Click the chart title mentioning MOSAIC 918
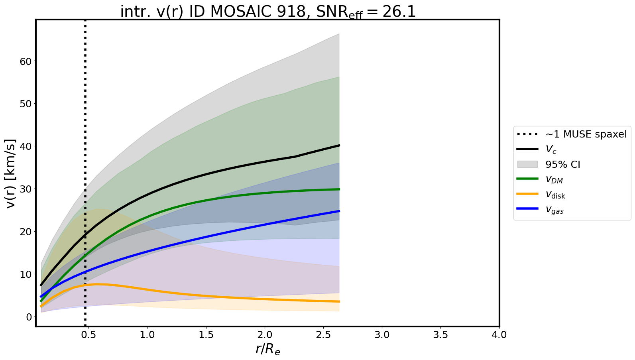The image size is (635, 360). click(x=268, y=12)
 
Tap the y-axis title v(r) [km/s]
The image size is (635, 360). click(x=11, y=173)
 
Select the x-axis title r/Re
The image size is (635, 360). click(x=267, y=349)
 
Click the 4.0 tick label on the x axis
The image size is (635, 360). click(x=499, y=335)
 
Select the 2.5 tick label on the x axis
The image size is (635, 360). click(x=323, y=335)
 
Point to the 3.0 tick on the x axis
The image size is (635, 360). click(x=382, y=335)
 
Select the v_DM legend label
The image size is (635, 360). click(x=554, y=180)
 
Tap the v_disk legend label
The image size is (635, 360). click(x=555, y=195)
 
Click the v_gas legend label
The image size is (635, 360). click(x=554, y=210)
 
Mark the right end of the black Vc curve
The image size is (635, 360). click(x=339, y=146)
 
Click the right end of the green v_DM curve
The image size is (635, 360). click(x=339, y=189)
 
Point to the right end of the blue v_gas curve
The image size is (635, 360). click(x=339, y=211)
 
